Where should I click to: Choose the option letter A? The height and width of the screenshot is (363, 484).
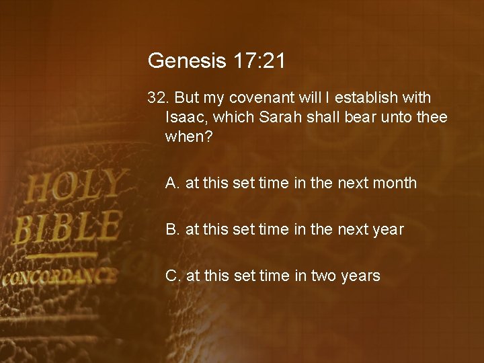[x=172, y=183]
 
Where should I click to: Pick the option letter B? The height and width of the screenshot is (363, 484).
[x=172, y=229]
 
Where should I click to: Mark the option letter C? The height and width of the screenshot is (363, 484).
[x=173, y=276]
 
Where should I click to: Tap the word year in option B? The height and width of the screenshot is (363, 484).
[x=388, y=229]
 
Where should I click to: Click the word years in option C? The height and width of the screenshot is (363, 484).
[x=361, y=276]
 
